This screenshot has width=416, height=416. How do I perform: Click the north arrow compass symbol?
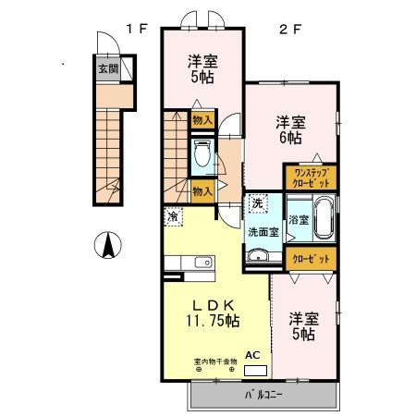coord(107,246)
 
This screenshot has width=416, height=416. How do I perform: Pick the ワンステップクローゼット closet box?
coord(310,177)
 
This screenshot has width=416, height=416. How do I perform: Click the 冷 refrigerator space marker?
coord(173,215)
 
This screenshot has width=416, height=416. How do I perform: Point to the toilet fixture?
coord(202,156)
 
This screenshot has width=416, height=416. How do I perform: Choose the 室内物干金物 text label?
coord(214,361)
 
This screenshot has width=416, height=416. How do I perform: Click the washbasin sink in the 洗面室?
coord(259,257)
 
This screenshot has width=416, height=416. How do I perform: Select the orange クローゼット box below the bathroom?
coord(310,260)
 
